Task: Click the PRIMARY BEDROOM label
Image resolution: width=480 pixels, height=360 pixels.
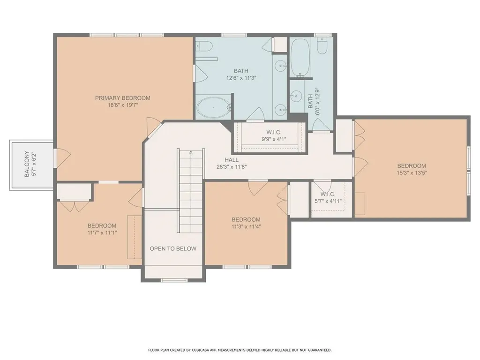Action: pos(122,98)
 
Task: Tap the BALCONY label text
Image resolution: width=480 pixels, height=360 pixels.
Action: pos(27,164)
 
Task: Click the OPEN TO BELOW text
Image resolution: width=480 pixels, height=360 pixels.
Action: pos(173,248)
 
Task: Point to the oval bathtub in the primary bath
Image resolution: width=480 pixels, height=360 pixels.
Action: pos(214,108)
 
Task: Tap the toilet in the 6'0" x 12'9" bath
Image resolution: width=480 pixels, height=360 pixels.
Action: pos(322,46)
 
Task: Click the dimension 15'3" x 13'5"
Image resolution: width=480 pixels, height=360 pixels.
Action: pos(412,172)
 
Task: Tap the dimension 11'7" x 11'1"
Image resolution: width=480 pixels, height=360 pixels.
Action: pos(102,232)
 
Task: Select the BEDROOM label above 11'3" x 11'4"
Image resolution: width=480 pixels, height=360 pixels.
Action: pos(246,220)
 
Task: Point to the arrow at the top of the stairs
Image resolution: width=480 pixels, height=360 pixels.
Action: pos(191,152)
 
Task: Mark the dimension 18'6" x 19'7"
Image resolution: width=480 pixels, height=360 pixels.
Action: pos(122,105)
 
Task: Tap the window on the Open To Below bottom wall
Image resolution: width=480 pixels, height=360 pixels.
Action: pos(173,280)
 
